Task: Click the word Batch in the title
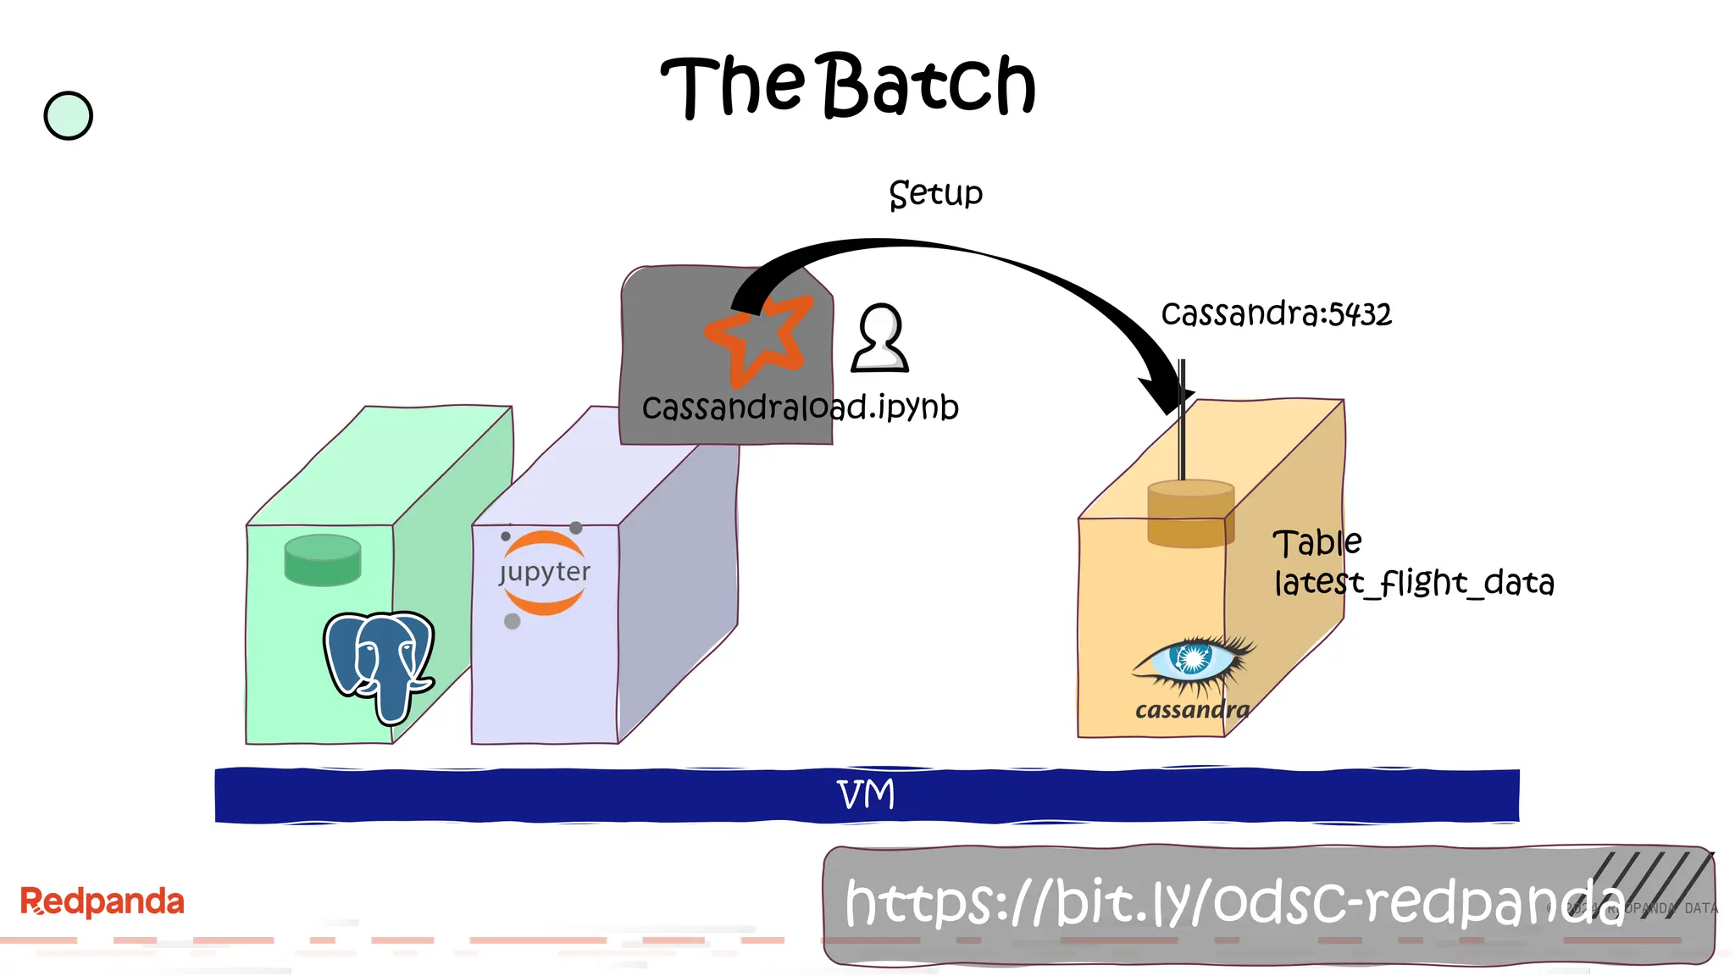coord(929,85)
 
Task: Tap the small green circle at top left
coord(68,116)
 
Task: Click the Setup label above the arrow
coord(935,194)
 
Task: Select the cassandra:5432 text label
coord(1276,314)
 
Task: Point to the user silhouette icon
coord(880,339)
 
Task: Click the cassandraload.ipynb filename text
coord(800,408)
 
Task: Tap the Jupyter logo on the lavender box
coord(544,574)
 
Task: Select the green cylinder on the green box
coord(323,560)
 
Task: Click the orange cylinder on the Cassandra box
coord(1190,513)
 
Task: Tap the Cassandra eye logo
coord(1193,660)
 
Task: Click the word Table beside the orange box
coord(1317,543)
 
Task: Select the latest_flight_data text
coord(1414,583)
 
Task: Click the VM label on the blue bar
coord(866,795)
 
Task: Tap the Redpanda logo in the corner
coord(102,901)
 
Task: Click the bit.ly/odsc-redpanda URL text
coord(1233,902)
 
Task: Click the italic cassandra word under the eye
coord(1192,710)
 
